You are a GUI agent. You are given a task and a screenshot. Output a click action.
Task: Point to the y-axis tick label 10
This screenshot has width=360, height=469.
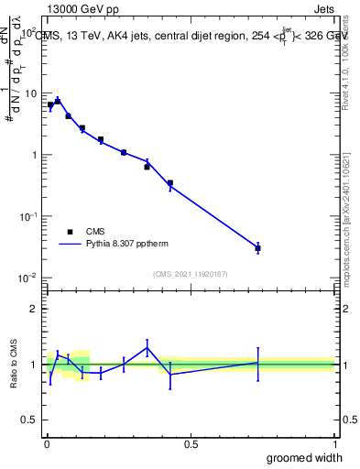pos(32,93)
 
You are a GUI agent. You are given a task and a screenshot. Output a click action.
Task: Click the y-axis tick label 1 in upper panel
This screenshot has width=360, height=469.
pos(35,155)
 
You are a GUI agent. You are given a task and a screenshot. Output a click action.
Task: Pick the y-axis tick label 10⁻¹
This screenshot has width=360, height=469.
pos(30,216)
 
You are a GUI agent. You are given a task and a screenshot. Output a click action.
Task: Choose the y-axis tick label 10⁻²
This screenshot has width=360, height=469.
pos(30,278)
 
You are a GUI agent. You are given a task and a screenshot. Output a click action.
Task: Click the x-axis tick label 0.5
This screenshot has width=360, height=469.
pos(191,444)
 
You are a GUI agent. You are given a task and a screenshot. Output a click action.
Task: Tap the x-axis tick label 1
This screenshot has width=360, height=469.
pos(334,444)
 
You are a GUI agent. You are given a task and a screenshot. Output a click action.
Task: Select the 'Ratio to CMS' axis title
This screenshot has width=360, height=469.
pos(13,365)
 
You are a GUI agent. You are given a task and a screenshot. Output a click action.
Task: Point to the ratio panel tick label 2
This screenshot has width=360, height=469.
pos(35,309)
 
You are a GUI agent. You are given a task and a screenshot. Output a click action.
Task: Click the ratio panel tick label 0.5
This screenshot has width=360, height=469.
pos(30,420)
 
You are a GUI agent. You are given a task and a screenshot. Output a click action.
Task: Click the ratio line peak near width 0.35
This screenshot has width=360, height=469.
pos(147,347)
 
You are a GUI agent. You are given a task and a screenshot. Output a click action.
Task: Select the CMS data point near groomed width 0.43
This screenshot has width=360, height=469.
pos(170,183)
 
